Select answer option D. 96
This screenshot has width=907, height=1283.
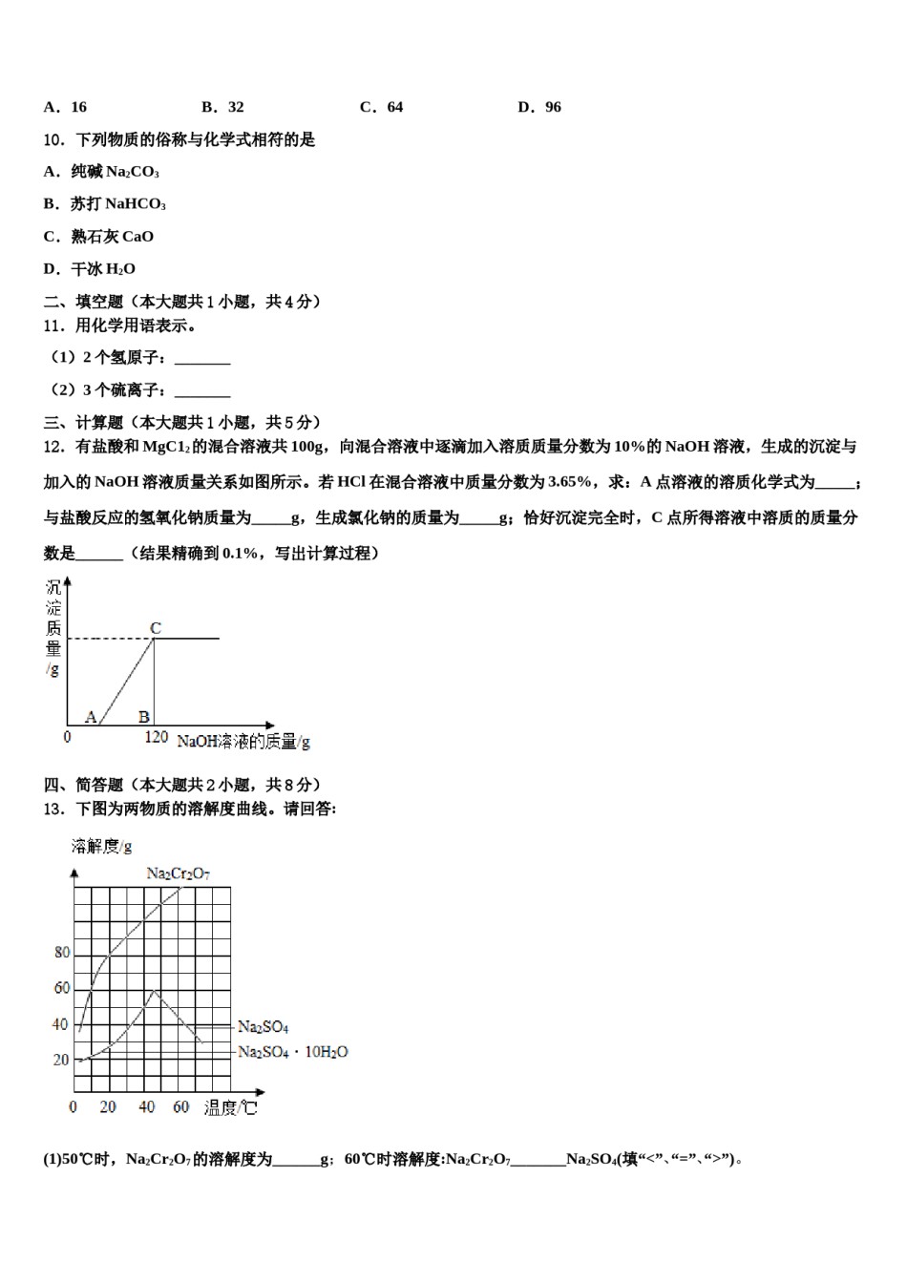point(539,107)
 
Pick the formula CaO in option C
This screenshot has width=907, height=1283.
point(137,237)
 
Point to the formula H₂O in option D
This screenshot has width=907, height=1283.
point(120,269)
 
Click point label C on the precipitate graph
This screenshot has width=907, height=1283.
point(156,628)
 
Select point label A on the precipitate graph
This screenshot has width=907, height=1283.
point(92,716)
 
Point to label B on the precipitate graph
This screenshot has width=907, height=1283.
point(143,716)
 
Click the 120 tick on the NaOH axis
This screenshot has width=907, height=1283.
point(156,738)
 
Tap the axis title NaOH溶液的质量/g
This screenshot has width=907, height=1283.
point(243,741)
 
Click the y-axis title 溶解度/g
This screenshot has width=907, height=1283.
point(101,847)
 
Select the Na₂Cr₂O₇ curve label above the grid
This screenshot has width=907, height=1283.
point(178,873)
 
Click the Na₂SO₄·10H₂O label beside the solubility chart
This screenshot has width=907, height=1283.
point(292,1052)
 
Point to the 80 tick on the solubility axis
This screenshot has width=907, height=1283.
point(62,952)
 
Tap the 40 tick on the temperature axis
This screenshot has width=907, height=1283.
point(146,1107)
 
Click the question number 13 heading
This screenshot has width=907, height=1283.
point(55,809)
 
